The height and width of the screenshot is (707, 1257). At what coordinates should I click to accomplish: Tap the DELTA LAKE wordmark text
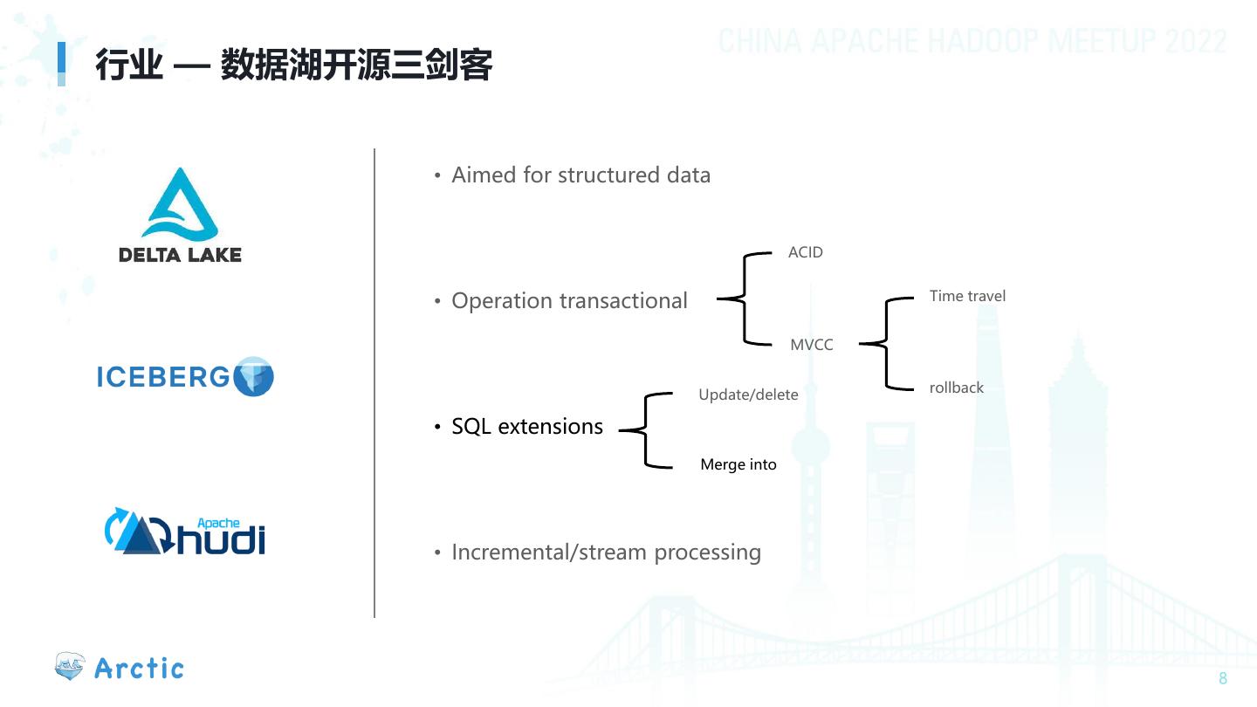[x=180, y=255]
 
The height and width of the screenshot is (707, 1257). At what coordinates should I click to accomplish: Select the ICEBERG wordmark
[x=162, y=377]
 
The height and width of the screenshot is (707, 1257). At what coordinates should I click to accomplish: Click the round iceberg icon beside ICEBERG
[x=255, y=376]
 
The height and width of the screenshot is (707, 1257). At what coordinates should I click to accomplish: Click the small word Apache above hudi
[x=218, y=523]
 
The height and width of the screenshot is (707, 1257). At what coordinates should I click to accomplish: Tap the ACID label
[x=805, y=252]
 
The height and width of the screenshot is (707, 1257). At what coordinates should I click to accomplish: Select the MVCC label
[x=811, y=345]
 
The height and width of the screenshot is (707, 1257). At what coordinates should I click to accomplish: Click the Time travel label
[x=967, y=296]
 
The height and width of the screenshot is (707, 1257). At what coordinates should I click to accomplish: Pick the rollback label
[x=956, y=388]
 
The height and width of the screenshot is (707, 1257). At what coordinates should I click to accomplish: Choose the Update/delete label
[x=748, y=395]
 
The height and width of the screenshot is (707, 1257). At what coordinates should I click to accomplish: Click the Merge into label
[x=738, y=464]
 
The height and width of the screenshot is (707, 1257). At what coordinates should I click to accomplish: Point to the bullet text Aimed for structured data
[x=580, y=175]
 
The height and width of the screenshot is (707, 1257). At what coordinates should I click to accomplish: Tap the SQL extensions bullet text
[x=527, y=427]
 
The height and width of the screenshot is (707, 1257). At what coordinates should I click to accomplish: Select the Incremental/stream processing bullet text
[x=606, y=553]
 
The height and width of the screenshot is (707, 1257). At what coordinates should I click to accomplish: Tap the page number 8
[x=1223, y=679]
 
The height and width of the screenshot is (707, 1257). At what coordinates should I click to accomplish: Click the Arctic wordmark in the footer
[x=139, y=669]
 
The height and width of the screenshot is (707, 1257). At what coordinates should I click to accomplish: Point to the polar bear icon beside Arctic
[x=70, y=667]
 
